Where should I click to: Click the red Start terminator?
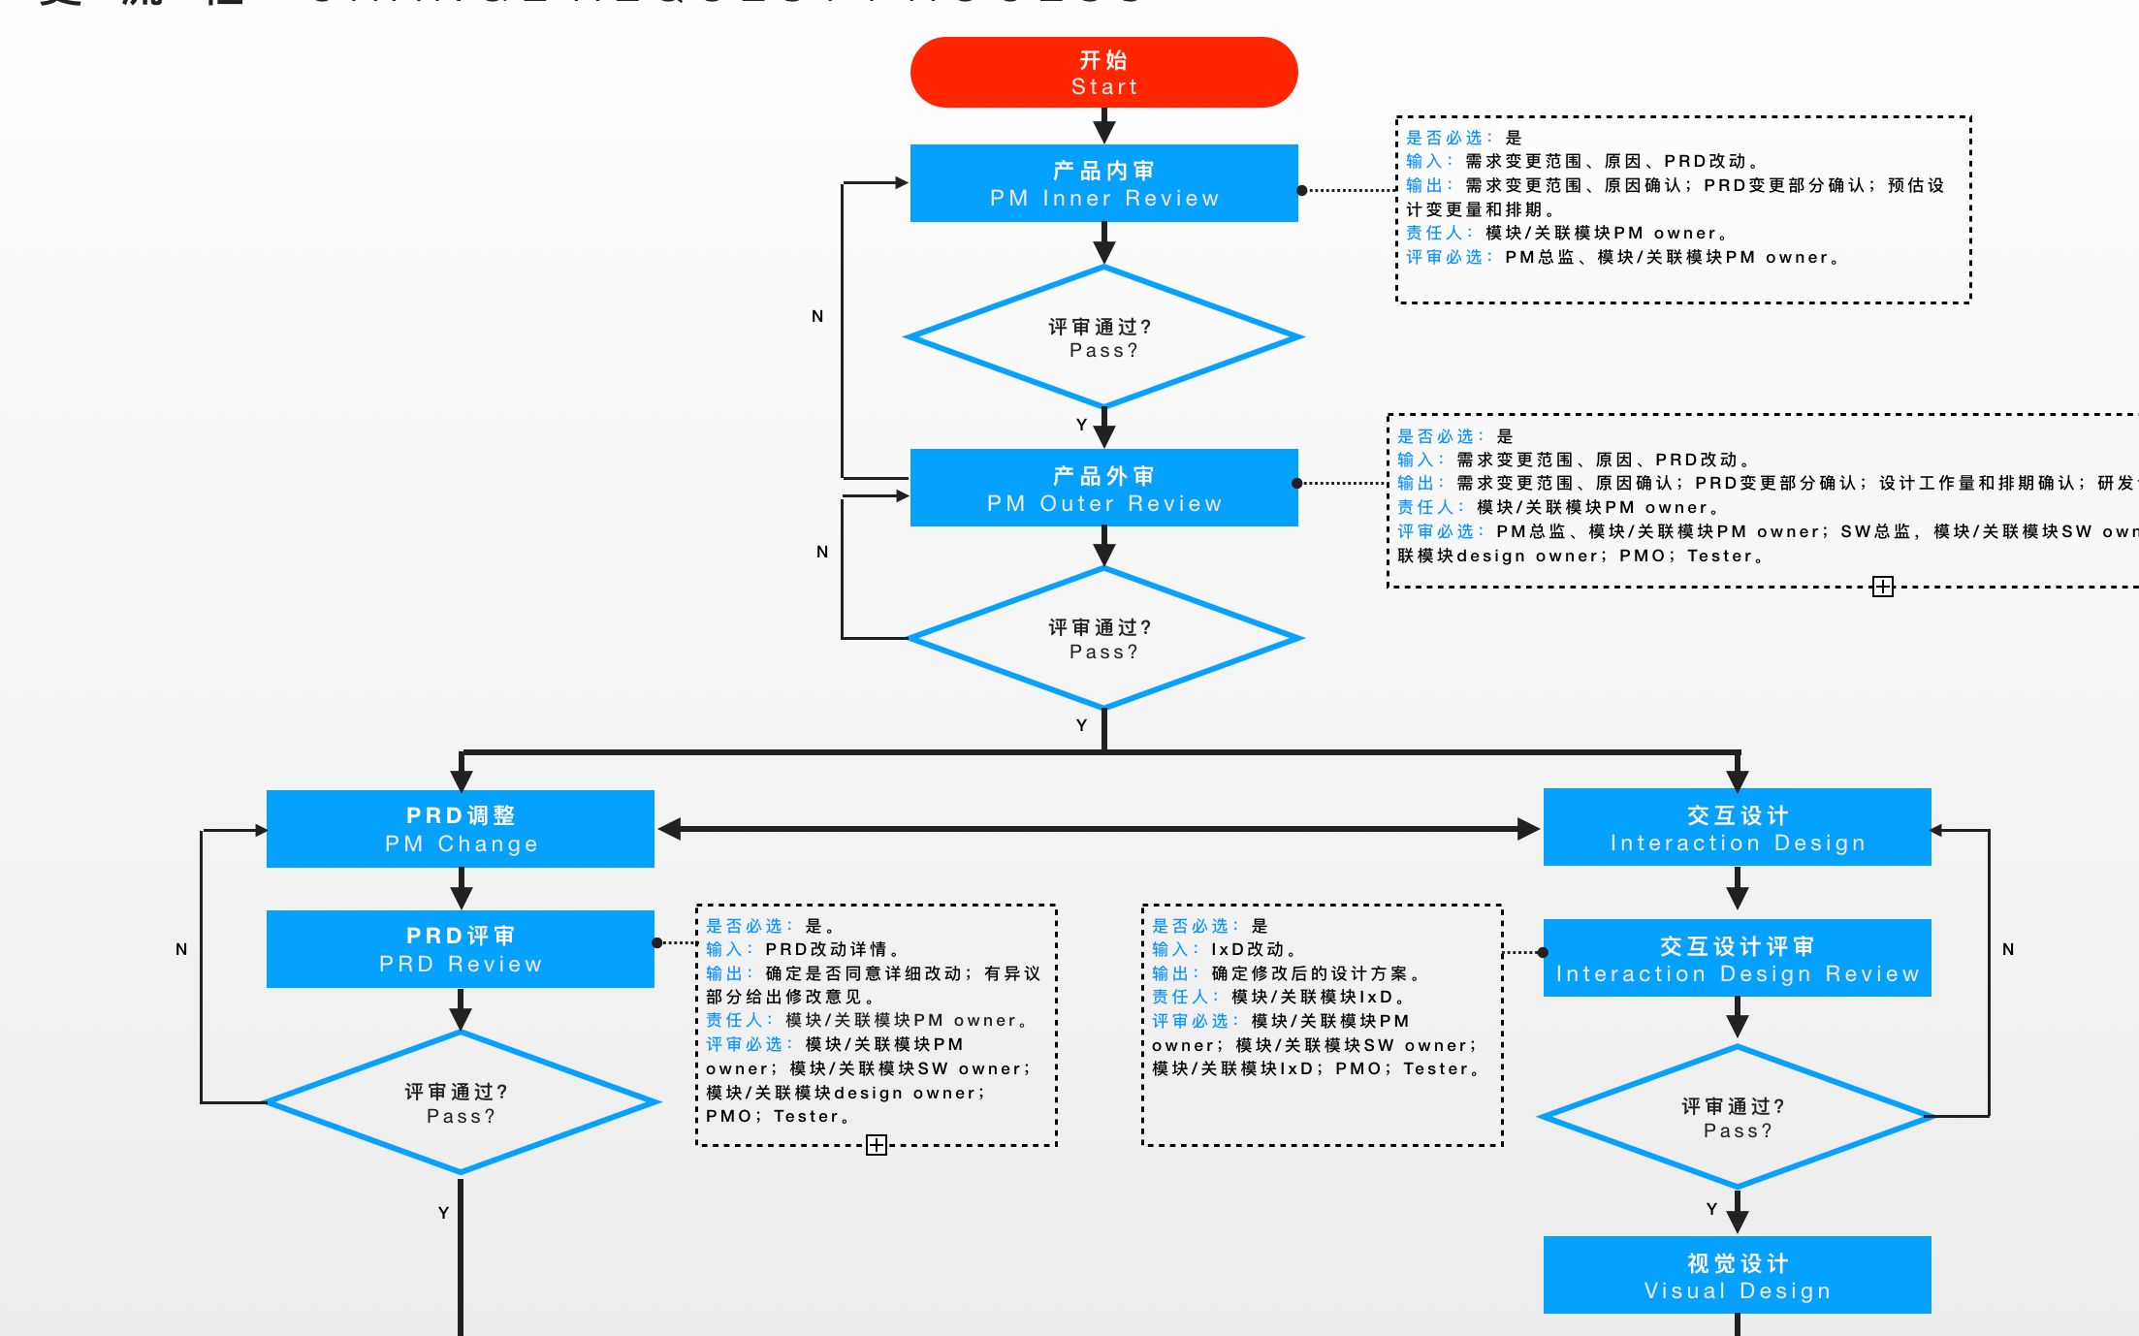(1103, 73)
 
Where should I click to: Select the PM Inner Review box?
(1103, 183)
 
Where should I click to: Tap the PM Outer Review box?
(1103, 488)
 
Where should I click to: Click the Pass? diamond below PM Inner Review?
(1103, 337)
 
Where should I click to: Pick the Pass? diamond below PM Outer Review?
(1103, 638)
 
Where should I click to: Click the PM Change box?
(461, 829)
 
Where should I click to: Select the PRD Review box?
(461, 949)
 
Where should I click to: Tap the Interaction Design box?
(1737, 827)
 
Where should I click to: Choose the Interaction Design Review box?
(1737, 958)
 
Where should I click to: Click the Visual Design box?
(1737, 1275)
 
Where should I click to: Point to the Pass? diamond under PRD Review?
(461, 1103)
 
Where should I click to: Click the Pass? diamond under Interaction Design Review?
(1737, 1117)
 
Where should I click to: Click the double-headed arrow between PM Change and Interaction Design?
(1099, 829)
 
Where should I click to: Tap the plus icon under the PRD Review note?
(877, 1145)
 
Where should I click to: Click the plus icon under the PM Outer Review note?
(1882, 587)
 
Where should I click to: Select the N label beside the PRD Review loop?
(181, 949)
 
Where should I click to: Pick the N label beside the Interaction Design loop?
(2008, 949)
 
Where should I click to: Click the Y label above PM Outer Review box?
(1081, 425)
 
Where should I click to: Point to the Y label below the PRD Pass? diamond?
(443, 1213)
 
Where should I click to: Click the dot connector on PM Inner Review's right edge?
(1302, 190)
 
